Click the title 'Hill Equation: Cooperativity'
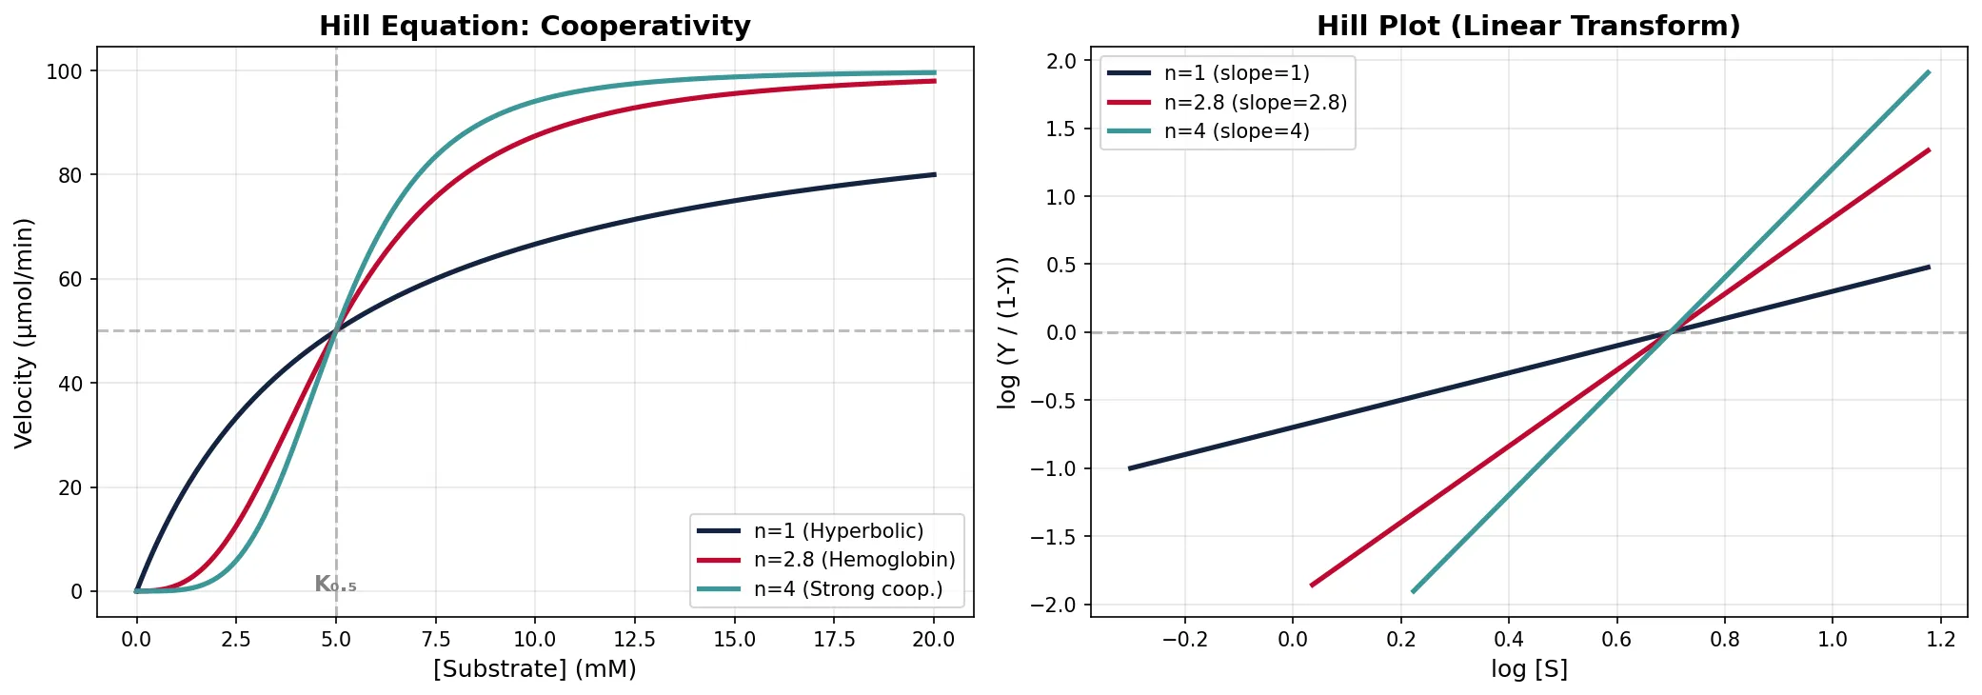coord(534,26)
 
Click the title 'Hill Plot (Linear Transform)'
coord(1528,26)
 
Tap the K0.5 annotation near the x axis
coord(335,585)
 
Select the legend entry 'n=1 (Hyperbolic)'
coord(838,531)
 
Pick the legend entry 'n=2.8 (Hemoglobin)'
coord(854,560)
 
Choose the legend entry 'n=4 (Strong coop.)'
coord(847,589)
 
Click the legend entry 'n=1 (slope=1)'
coord(1236,73)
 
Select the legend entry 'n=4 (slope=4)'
coord(1236,131)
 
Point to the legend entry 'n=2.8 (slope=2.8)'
coord(1255,102)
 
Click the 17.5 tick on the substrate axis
coord(834,640)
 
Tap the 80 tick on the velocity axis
coord(70,175)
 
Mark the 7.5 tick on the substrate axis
coord(435,640)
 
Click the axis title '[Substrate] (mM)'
coord(534,668)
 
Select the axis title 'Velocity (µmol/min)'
coord(25,332)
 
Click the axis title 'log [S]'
coord(1529,668)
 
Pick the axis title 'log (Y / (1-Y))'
coord(1007,332)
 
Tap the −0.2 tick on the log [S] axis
coord(1184,640)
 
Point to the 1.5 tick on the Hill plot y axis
coord(1060,129)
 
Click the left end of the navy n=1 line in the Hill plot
coord(1130,468)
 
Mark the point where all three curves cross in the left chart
coord(335,331)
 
